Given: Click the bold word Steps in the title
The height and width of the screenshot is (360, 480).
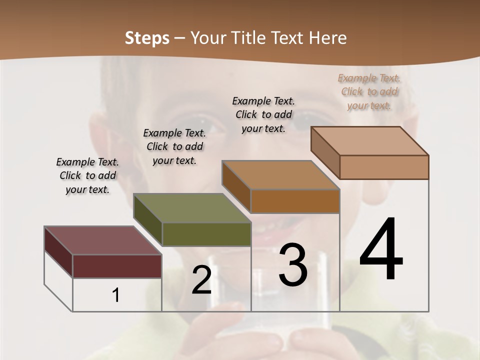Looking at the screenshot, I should click(x=147, y=38).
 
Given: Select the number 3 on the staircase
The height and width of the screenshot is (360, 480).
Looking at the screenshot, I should click(x=292, y=265).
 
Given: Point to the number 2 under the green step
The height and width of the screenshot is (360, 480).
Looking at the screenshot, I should click(x=201, y=280).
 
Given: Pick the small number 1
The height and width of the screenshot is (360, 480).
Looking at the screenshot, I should click(x=116, y=295).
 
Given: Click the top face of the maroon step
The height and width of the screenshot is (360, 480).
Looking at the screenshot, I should click(x=102, y=240).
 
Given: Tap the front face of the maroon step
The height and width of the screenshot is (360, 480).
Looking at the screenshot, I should click(x=117, y=266).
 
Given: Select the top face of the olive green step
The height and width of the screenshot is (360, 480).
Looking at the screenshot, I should click(x=191, y=207).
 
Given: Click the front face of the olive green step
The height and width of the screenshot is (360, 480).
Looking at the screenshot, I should click(x=206, y=234).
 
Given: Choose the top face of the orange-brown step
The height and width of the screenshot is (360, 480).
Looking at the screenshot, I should click(x=280, y=175).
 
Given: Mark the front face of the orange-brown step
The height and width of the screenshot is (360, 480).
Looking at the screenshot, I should click(x=295, y=201).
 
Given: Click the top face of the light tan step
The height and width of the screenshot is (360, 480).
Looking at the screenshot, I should click(x=369, y=141).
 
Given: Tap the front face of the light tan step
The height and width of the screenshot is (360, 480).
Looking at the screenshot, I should click(x=384, y=167).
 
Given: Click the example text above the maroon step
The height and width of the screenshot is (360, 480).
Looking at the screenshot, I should click(x=87, y=175).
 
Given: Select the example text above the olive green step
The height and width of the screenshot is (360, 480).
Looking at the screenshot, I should click(x=174, y=146).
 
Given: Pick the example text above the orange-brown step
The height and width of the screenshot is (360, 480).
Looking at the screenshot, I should click(x=263, y=114).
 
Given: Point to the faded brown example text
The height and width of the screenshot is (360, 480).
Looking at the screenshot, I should click(x=369, y=91).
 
